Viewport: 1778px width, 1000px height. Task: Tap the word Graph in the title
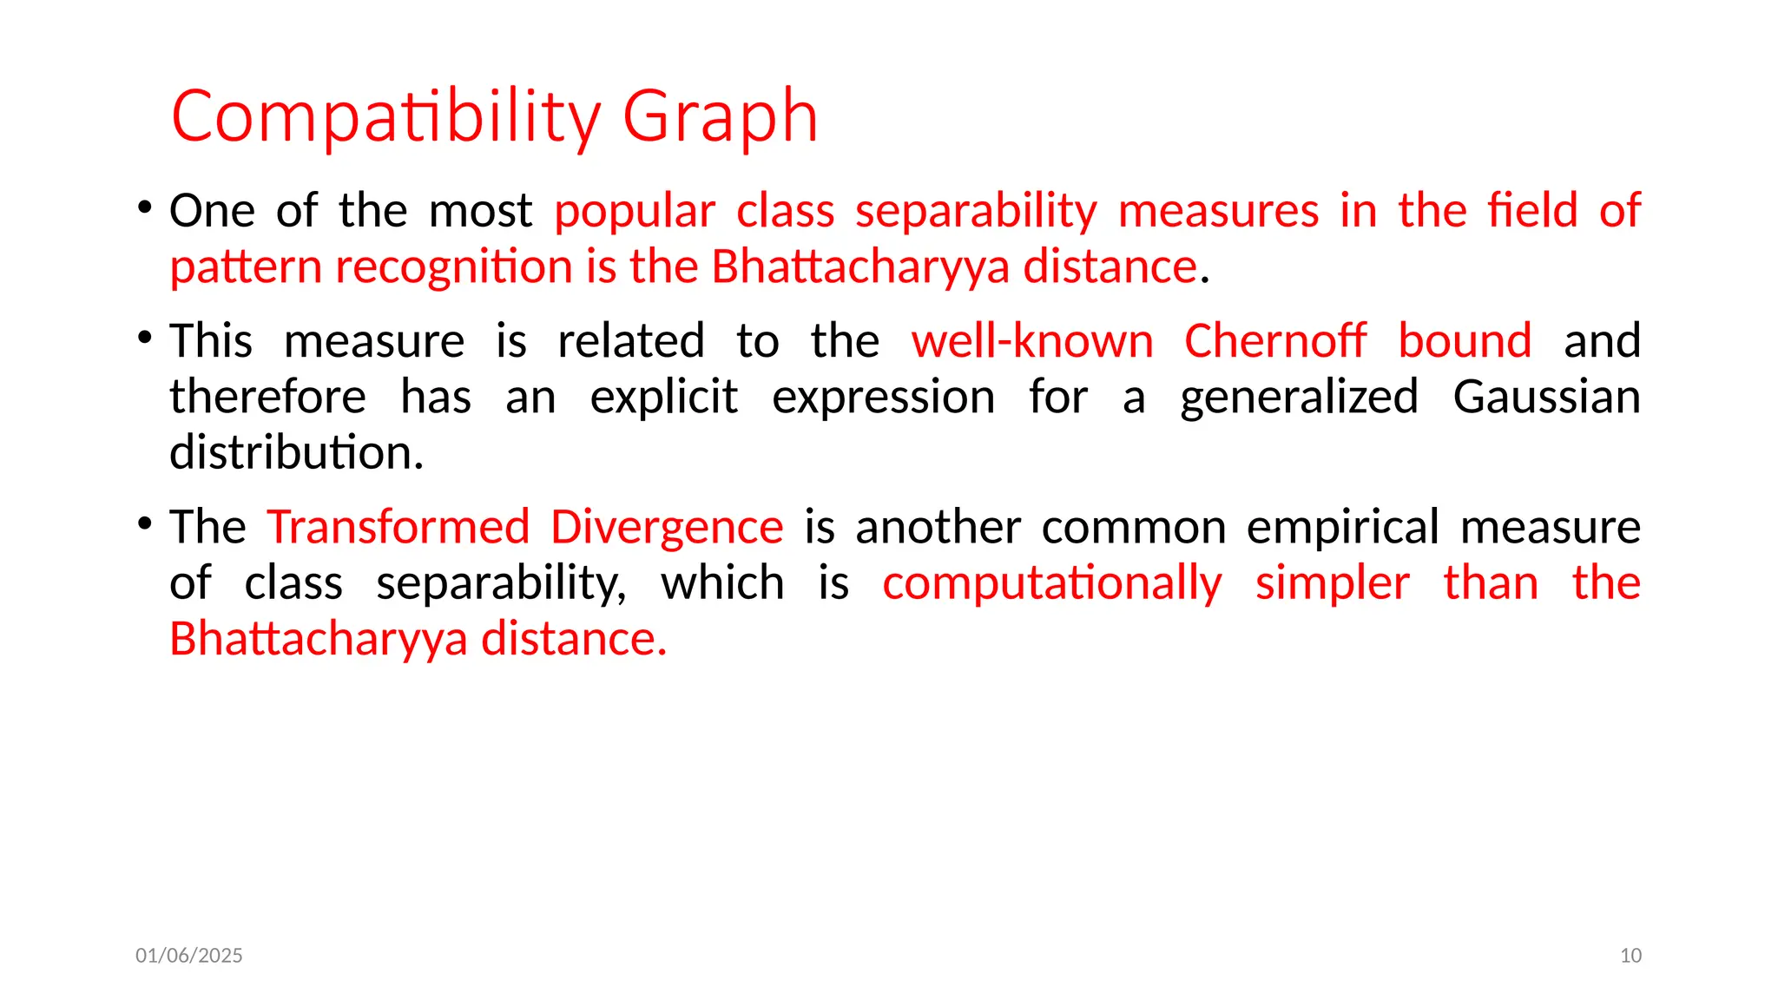pyautogui.click(x=720, y=116)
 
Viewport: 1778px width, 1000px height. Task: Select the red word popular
pyautogui.click(x=635, y=211)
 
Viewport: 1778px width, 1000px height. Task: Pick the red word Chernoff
pyautogui.click(x=1275, y=340)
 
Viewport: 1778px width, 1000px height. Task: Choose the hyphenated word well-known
pyautogui.click(x=1032, y=340)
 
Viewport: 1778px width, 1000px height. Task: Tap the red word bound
pyautogui.click(x=1465, y=340)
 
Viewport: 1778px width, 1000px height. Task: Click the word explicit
pyautogui.click(x=664, y=398)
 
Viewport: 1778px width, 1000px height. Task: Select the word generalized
pyautogui.click(x=1299, y=398)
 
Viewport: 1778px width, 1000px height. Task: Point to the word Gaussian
pyautogui.click(x=1546, y=398)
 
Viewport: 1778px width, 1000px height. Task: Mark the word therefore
pyautogui.click(x=267, y=398)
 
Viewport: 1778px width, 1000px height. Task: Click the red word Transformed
pyautogui.click(x=398, y=527)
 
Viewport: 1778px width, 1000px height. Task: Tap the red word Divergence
pyautogui.click(x=667, y=527)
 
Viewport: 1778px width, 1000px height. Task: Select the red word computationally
pyautogui.click(x=1052, y=583)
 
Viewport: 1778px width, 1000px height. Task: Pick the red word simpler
pyautogui.click(x=1333, y=583)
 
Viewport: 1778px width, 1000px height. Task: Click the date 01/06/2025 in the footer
pyautogui.click(x=189, y=956)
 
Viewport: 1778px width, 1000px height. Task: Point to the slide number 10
pyautogui.click(x=1630, y=956)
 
